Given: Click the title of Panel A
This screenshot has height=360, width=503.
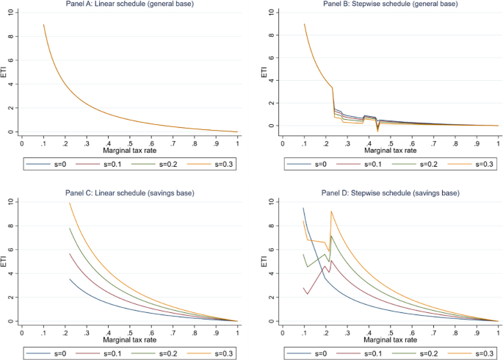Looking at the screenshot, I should pyautogui.click(x=130, y=4).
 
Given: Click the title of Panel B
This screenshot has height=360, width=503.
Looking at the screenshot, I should pyautogui.click(x=391, y=4).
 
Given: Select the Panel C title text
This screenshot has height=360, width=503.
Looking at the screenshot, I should pyautogui.click(x=130, y=193).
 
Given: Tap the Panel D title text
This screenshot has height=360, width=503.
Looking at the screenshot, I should pyautogui.click(x=391, y=193).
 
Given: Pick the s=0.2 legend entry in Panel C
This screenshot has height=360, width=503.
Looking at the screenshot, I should pyautogui.click(x=164, y=353).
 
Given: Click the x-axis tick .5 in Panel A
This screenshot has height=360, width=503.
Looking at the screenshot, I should pyautogui.click(x=130, y=143).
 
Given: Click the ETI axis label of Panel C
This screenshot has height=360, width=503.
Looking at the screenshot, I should pyautogui.click(x=5, y=262).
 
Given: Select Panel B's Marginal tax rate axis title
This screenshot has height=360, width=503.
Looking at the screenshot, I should pyautogui.click(x=391, y=151).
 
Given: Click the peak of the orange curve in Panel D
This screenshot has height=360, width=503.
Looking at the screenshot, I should pyautogui.click(x=331, y=212).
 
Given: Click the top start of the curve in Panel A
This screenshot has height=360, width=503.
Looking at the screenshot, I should pyautogui.click(x=44, y=25).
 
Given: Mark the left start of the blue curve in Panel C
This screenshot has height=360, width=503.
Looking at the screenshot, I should pyautogui.click(x=70, y=279).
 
